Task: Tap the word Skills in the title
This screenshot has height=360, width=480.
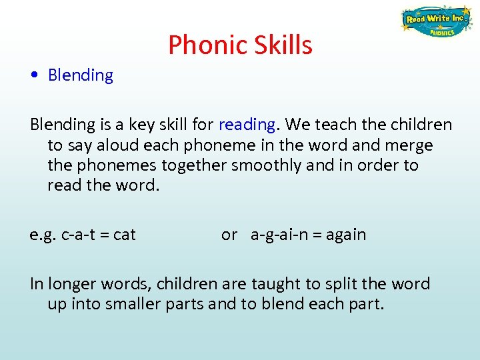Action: [x=281, y=45]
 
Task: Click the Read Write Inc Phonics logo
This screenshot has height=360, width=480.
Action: [x=437, y=22]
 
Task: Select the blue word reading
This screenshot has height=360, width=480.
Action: [x=246, y=125]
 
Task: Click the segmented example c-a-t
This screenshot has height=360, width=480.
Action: [x=77, y=235]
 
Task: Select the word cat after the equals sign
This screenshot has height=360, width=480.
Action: [x=124, y=235]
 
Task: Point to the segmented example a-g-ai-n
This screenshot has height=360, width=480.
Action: [x=279, y=235]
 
